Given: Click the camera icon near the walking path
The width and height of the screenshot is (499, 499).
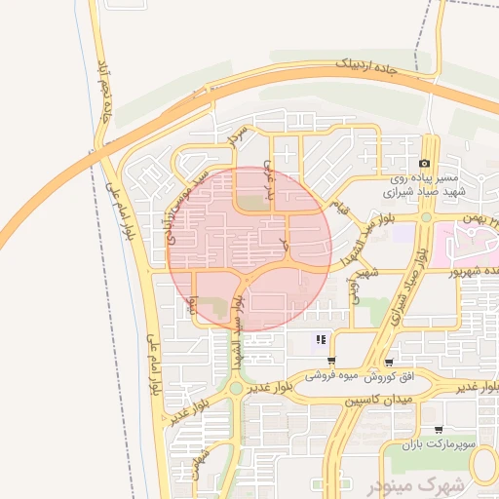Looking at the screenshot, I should [x=425, y=163].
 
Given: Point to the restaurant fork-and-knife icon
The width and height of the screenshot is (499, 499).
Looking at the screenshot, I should [x=321, y=341].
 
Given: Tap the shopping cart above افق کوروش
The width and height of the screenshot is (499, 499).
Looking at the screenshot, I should [x=390, y=362].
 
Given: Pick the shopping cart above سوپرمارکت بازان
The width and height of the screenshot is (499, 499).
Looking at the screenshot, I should [x=439, y=429].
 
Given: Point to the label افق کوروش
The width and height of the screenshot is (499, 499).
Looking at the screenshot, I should [x=393, y=375].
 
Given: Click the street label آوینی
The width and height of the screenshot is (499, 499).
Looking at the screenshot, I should [x=355, y=288].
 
